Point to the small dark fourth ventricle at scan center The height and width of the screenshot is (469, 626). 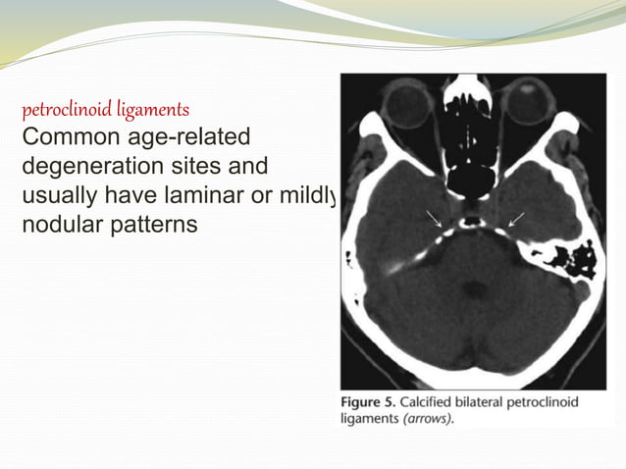click(476, 288)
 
